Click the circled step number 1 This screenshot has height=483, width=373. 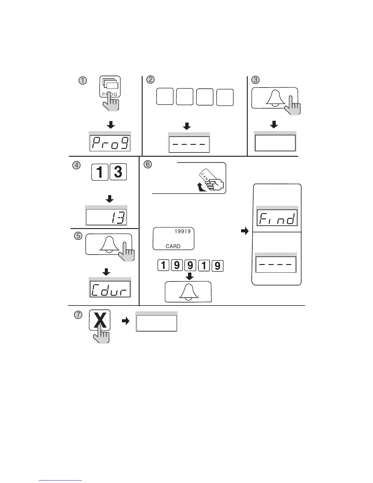[83, 81]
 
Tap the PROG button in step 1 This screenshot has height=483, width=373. [110, 87]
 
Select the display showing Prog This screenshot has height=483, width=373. [110, 143]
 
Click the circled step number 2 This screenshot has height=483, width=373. [150, 80]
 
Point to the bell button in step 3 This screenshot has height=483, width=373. [274, 98]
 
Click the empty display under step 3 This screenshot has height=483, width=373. [275, 143]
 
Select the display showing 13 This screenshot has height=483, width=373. [106, 217]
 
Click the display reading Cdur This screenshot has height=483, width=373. [110, 289]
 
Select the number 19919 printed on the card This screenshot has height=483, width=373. [183, 231]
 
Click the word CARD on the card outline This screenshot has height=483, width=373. [173, 246]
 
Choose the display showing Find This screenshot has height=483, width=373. [277, 218]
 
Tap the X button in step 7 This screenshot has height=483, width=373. [100, 320]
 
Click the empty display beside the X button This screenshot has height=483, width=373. [156, 323]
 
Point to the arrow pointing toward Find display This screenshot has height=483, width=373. [244, 231]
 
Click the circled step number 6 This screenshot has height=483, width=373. [147, 164]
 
